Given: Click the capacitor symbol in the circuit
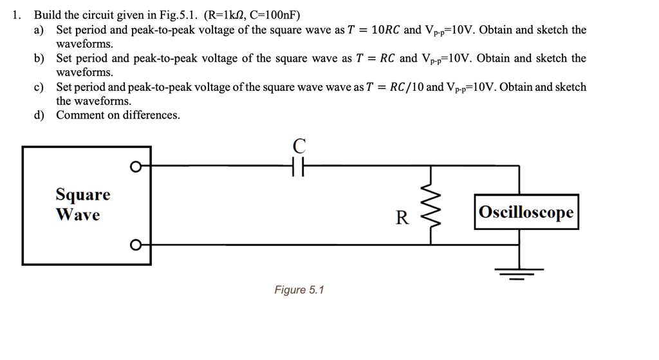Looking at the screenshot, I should pos(297,166).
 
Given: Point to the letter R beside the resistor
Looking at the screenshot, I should pos(402,218).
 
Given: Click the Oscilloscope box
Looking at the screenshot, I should pos(526,212).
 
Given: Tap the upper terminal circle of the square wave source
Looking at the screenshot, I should pos(135,167).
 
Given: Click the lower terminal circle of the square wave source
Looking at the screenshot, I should pos(135,245).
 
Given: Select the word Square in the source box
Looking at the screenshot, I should pos(83,194).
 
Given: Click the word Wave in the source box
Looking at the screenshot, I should pos(78,214).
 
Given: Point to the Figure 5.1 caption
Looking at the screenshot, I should pos(299,290).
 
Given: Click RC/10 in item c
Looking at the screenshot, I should pos(407,87).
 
